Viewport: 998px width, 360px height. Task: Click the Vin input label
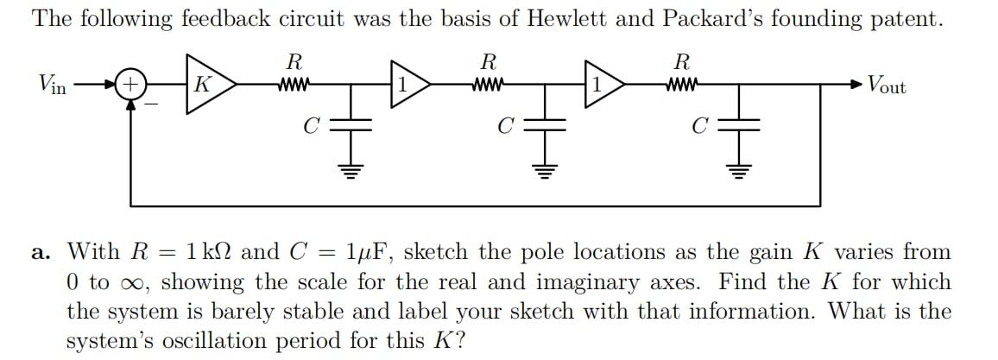(x=52, y=85)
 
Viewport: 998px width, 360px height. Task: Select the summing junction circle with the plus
(x=130, y=85)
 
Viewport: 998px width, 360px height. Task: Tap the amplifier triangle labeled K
(x=206, y=85)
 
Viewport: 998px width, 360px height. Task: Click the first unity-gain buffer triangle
(x=407, y=85)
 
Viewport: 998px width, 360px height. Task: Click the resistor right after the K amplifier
(x=294, y=85)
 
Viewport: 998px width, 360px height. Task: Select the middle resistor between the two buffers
(x=489, y=85)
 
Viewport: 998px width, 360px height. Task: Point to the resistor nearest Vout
(x=683, y=85)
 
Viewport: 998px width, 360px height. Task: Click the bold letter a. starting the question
(x=41, y=253)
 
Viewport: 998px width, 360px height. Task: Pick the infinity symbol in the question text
(x=136, y=283)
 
